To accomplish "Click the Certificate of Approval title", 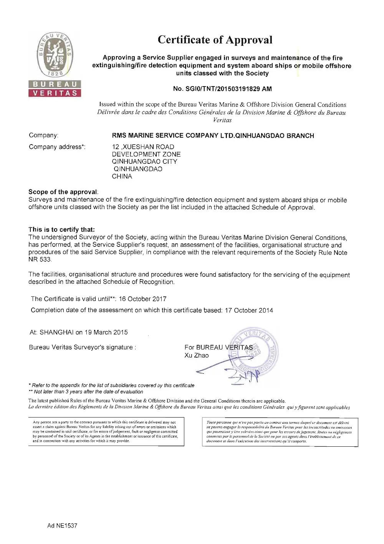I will [215, 40].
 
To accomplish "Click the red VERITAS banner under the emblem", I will [55, 93].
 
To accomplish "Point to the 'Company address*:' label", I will [57, 147].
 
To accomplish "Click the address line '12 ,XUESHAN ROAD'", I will [143, 147].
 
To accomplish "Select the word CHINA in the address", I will [122, 176].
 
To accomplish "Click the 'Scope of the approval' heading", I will [63, 192].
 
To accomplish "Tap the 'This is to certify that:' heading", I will [61, 230].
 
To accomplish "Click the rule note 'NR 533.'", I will [40, 260].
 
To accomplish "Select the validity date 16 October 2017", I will [142, 299].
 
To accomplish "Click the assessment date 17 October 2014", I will [249, 310].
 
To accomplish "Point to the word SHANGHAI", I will [56, 332].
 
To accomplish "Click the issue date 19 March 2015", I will [106, 332].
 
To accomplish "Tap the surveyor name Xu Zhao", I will [196, 355].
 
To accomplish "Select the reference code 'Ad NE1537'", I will [62, 526].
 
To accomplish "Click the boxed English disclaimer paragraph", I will [106, 432].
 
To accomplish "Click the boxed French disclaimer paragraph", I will [280, 432].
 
